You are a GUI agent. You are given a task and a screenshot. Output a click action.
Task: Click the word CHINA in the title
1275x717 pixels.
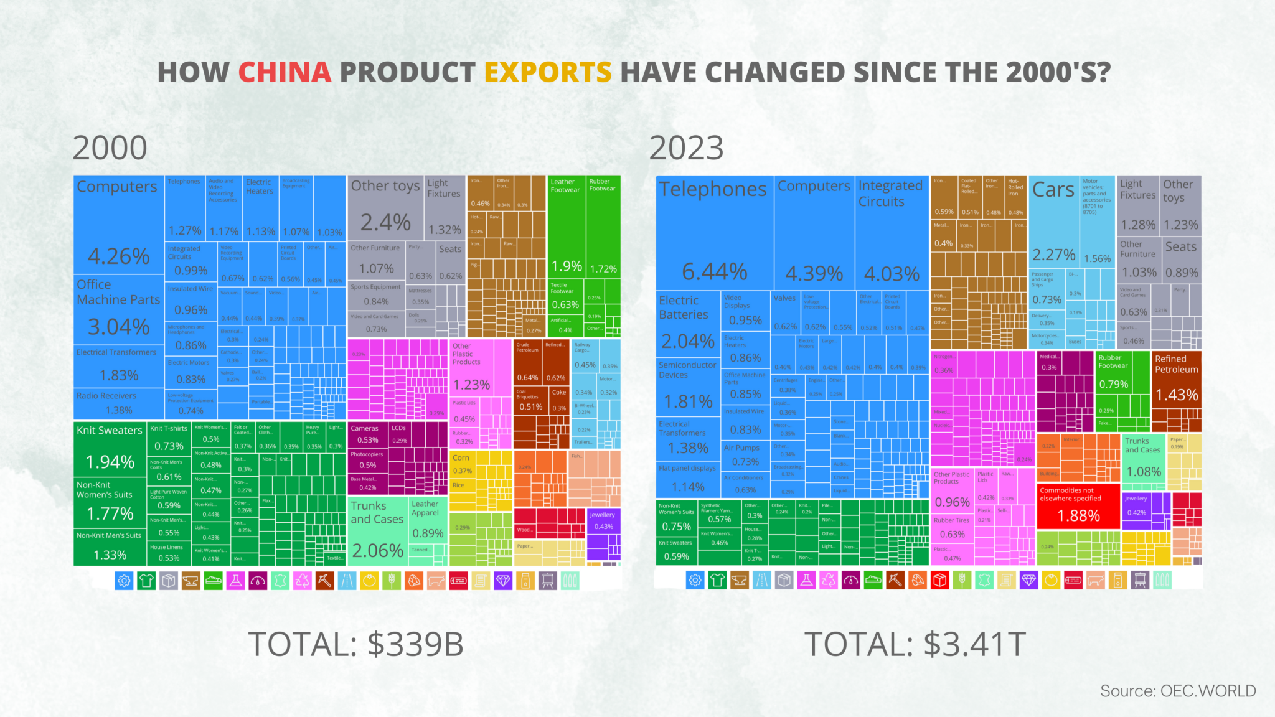(x=285, y=72)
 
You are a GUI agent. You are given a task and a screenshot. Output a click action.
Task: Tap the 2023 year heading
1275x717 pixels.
(x=686, y=148)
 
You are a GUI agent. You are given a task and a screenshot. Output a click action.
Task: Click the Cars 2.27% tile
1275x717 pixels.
(x=1053, y=224)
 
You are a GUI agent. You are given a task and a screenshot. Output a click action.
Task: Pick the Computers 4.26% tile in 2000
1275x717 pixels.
(x=118, y=224)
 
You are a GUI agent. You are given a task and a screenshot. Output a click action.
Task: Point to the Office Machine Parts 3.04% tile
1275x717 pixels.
(x=118, y=310)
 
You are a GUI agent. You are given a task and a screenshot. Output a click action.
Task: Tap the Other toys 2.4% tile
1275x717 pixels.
(x=385, y=209)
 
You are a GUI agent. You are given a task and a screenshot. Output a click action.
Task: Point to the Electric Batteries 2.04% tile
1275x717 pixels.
(x=687, y=324)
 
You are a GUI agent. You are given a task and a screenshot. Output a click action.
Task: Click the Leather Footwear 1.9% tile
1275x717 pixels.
(x=566, y=227)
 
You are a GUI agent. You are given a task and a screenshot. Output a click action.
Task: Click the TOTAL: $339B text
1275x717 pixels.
(x=356, y=644)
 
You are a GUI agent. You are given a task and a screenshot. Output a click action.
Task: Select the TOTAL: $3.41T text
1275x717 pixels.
(x=915, y=644)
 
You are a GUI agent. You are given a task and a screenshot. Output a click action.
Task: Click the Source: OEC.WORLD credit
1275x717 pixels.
(x=1177, y=691)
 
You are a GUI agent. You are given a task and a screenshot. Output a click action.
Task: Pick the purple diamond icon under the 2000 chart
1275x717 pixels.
(x=502, y=581)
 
